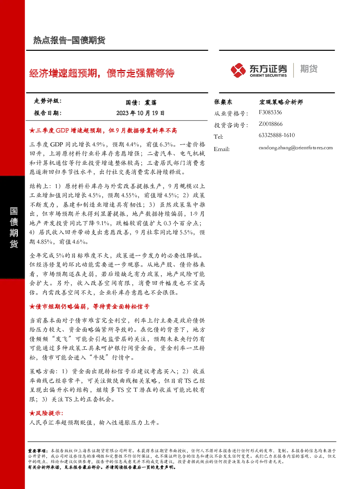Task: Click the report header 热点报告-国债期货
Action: click(x=69, y=40)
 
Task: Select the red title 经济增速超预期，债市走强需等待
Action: click(x=102, y=73)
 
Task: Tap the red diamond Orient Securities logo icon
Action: click(x=238, y=70)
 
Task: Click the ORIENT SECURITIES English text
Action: click(x=268, y=76)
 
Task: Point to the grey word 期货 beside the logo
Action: click(x=309, y=69)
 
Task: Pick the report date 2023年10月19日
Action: click(x=140, y=113)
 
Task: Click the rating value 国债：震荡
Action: click(x=141, y=102)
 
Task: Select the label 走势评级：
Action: click(x=48, y=101)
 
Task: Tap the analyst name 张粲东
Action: click(x=223, y=102)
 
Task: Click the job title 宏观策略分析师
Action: click(x=281, y=102)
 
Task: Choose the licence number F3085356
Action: click(x=270, y=113)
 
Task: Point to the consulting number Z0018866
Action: click(x=271, y=124)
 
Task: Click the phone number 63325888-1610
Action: click(x=277, y=135)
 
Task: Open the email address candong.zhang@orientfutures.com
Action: click(x=296, y=148)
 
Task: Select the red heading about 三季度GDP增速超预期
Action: click(x=103, y=131)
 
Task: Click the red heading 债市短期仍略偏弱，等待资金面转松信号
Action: click(x=89, y=307)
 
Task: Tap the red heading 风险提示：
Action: click(x=46, y=413)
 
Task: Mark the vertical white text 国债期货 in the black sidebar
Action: click(x=13, y=228)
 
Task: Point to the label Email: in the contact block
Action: click(x=222, y=149)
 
